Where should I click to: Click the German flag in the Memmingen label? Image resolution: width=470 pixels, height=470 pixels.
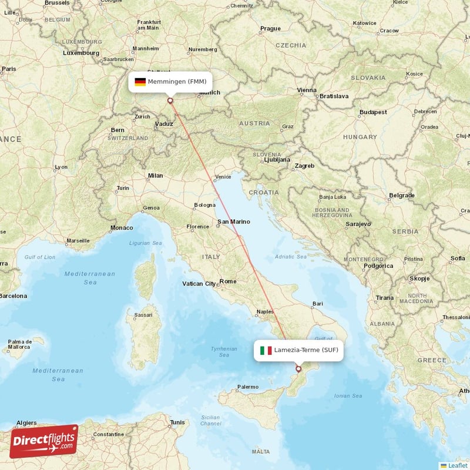(140, 82)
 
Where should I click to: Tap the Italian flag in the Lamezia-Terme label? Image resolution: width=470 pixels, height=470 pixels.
(266, 351)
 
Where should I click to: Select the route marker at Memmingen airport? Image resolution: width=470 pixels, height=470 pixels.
(170, 100)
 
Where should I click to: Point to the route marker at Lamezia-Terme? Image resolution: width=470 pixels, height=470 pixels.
(298, 370)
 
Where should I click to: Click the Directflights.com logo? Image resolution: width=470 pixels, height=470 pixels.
(44, 441)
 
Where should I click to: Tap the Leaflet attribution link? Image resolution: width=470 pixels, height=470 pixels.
(458, 465)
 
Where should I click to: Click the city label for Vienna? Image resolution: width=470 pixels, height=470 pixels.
(307, 90)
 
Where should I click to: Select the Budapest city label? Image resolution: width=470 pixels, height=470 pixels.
(374, 112)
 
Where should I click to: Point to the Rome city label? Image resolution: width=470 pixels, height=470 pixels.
(228, 281)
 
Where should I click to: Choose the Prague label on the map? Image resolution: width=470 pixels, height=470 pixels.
(270, 28)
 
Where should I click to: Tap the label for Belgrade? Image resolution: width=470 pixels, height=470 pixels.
(402, 195)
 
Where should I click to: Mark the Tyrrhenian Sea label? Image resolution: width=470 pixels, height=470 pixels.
(224, 352)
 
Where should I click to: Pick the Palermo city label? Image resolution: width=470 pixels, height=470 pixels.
(247, 387)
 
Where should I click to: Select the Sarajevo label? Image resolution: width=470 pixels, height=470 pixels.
(358, 224)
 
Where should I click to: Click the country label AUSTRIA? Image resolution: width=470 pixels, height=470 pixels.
(254, 123)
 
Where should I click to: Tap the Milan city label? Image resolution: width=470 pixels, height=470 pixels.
(155, 175)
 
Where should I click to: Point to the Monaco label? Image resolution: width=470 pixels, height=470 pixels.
(122, 227)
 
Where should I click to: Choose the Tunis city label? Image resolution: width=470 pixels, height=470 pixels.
(177, 422)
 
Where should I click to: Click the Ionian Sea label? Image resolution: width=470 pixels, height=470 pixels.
(348, 396)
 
